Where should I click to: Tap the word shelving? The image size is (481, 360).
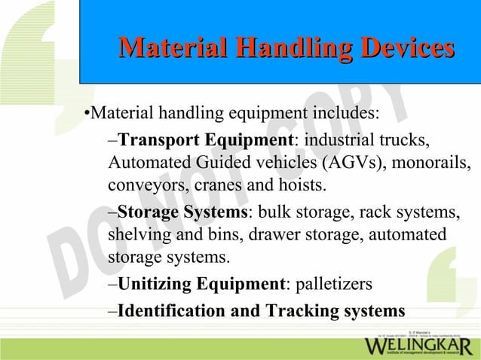point(139,235)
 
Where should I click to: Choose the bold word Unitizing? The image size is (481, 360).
point(152,285)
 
